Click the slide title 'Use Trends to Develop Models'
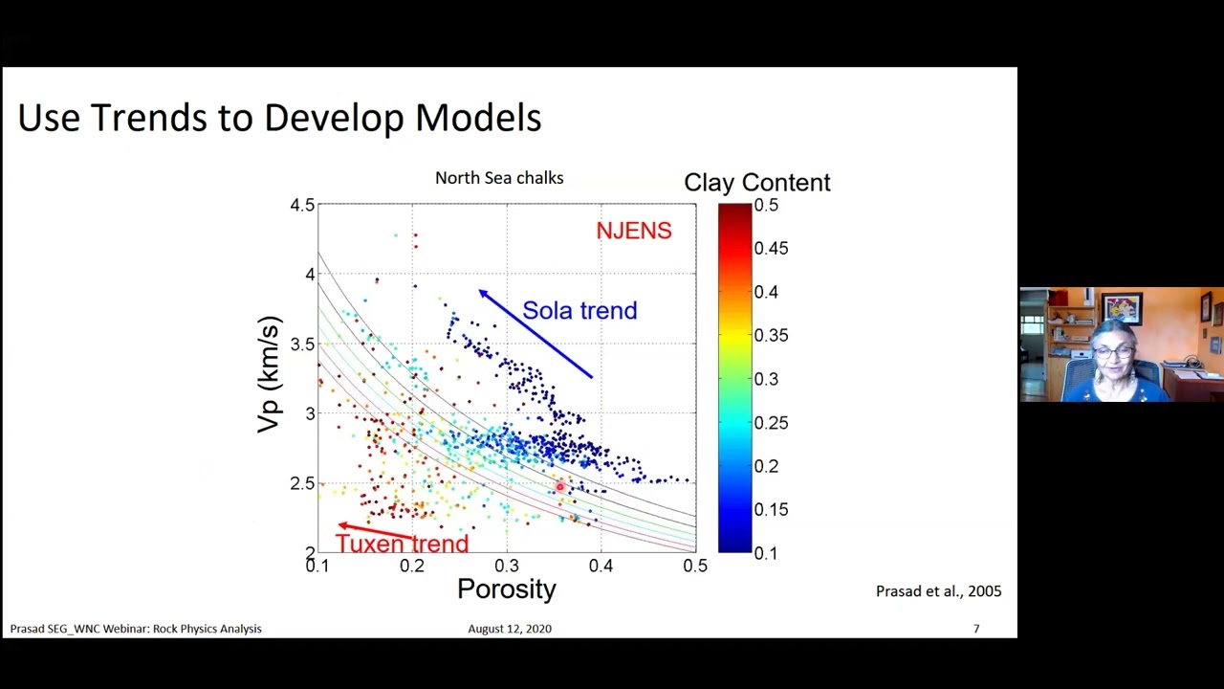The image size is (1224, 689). pyautogui.click(x=279, y=118)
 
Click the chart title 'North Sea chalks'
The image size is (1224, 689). pyautogui.click(x=498, y=178)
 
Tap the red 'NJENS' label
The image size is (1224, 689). pyautogui.click(x=633, y=231)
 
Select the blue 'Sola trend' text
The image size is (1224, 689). pyautogui.click(x=579, y=311)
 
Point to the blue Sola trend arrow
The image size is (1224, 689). pyautogui.click(x=535, y=334)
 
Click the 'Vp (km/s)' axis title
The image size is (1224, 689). pyautogui.click(x=270, y=374)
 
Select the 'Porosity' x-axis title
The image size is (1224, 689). pyautogui.click(x=506, y=589)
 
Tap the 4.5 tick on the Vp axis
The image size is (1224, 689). pyautogui.click(x=302, y=205)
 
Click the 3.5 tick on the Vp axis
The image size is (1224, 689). pyautogui.click(x=302, y=344)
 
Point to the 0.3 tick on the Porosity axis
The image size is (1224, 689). pyautogui.click(x=506, y=566)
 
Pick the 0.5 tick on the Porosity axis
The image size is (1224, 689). pyautogui.click(x=695, y=566)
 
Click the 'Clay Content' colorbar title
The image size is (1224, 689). pyautogui.click(x=756, y=183)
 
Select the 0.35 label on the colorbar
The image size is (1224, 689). pyautogui.click(x=771, y=335)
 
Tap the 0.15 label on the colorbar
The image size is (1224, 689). pyautogui.click(x=771, y=509)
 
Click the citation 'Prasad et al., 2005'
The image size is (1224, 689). pyautogui.click(x=938, y=591)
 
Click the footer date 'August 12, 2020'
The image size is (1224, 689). pyautogui.click(x=509, y=629)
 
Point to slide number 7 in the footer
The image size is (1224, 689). pyautogui.click(x=976, y=629)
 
